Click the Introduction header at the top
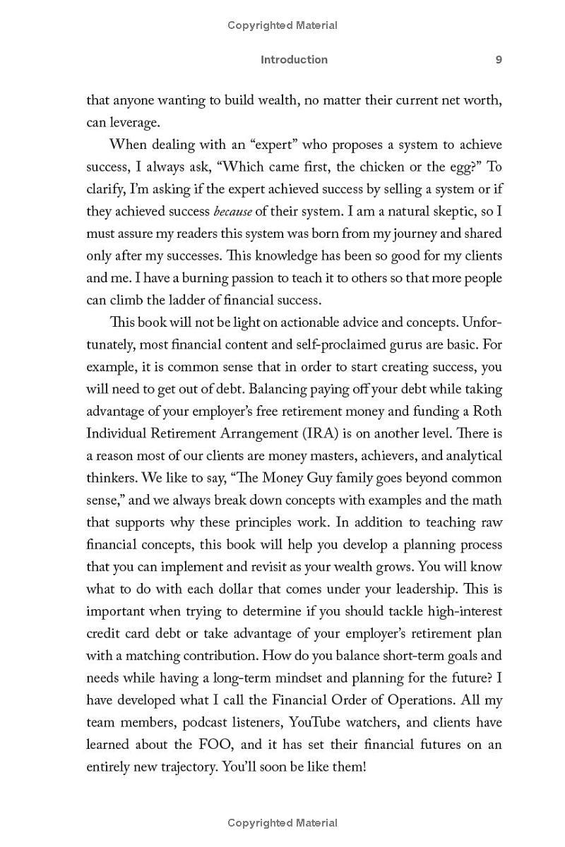pos(294,60)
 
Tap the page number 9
pos(499,60)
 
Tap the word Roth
pos(487,411)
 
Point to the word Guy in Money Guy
pos(323,478)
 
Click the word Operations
pos(374,699)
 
